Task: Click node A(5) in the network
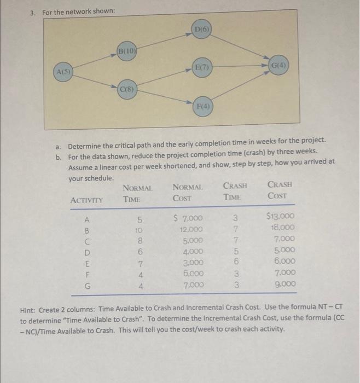tap(65, 73)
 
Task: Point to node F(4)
tap(202, 106)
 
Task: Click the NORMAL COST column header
tap(188, 191)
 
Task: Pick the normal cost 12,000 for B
tap(192, 229)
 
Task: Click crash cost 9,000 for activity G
tap(284, 285)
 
